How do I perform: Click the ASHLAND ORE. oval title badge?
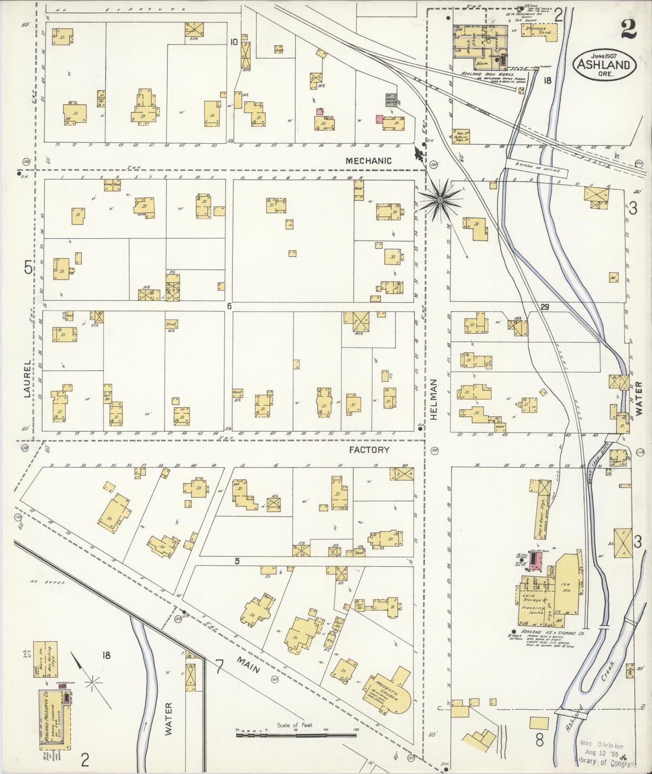605,65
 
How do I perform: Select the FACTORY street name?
369,450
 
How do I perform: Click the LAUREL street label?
27,385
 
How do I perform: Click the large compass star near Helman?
440,199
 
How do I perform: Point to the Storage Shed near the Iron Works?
539,32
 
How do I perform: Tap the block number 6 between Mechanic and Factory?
229,306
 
